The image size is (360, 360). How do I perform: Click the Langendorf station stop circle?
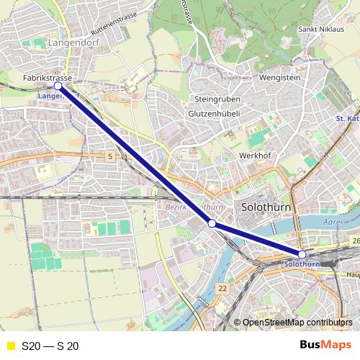pos(58,86)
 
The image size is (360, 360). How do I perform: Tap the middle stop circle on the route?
pos(212,224)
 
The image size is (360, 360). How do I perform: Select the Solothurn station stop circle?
pos(302,254)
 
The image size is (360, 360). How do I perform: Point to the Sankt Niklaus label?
pos(319,30)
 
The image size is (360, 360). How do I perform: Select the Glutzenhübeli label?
pos(214,114)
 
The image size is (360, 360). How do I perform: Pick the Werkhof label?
pos(253,156)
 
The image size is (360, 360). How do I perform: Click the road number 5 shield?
pos(109,156)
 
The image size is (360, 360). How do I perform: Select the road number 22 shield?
pos(222,289)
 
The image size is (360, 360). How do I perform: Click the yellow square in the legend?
pos(10,346)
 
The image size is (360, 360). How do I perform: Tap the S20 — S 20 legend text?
pos(50,346)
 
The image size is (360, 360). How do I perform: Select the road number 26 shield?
pos(355,240)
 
